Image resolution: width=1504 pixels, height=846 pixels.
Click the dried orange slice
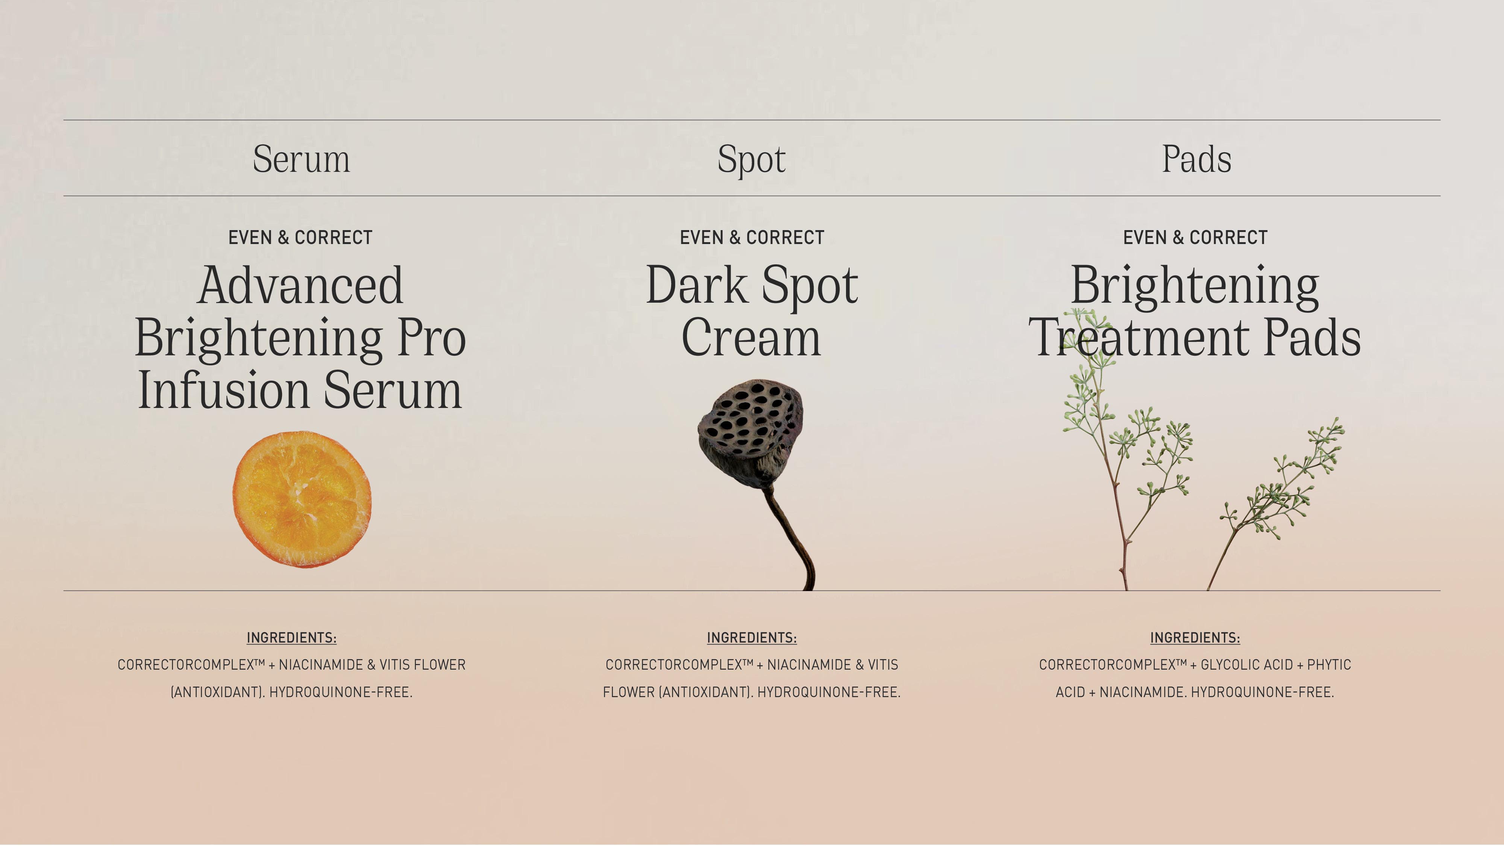click(302, 499)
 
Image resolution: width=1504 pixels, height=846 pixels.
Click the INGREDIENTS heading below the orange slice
click(291, 638)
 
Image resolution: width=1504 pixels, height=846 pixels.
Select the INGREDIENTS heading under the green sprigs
click(1195, 638)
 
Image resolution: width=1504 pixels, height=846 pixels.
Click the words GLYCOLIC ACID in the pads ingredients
click(1246, 664)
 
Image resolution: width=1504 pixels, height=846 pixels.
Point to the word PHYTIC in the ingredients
click(1329, 664)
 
